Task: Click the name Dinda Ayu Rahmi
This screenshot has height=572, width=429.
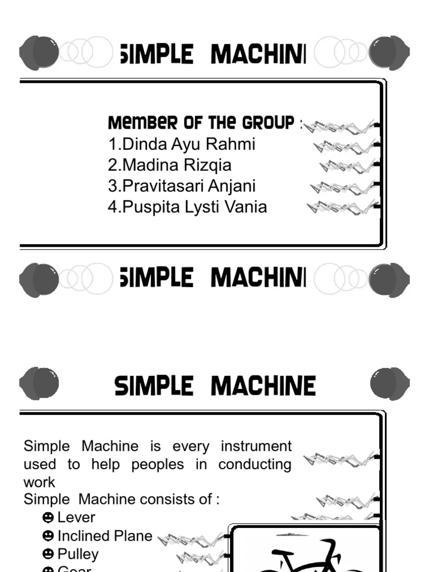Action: (x=182, y=144)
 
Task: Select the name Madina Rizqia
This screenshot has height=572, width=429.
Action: (x=170, y=165)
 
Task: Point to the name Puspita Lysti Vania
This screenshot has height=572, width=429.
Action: (x=188, y=207)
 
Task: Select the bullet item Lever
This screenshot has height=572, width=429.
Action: (x=77, y=517)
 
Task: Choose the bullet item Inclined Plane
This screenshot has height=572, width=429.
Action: (x=104, y=536)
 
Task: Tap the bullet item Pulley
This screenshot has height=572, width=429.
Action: (x=78, y=554)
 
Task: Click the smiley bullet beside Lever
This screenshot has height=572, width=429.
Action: (x=48, y=517)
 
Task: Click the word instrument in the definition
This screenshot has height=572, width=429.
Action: (x=256, y=446)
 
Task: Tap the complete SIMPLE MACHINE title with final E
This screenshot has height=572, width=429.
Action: (x=215, y=386)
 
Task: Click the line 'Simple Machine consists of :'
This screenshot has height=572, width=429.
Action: (x=121, y=499)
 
